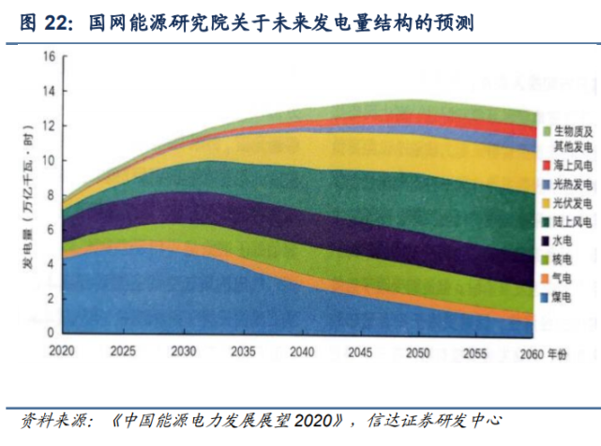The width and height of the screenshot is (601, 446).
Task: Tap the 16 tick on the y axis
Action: pyautogui.click(x=49, y=57)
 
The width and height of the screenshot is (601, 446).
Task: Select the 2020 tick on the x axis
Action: pyautogui.click(x=63, y=349)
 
